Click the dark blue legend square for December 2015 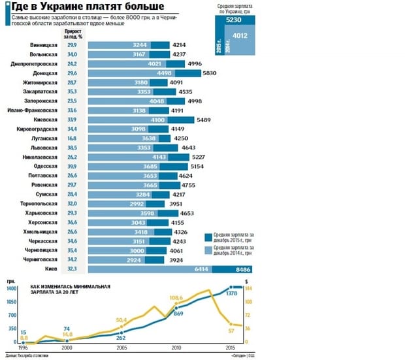(x=208, y=237)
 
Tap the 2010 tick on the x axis (x=176, y=349)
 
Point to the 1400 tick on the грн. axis (x=11, y=288)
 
